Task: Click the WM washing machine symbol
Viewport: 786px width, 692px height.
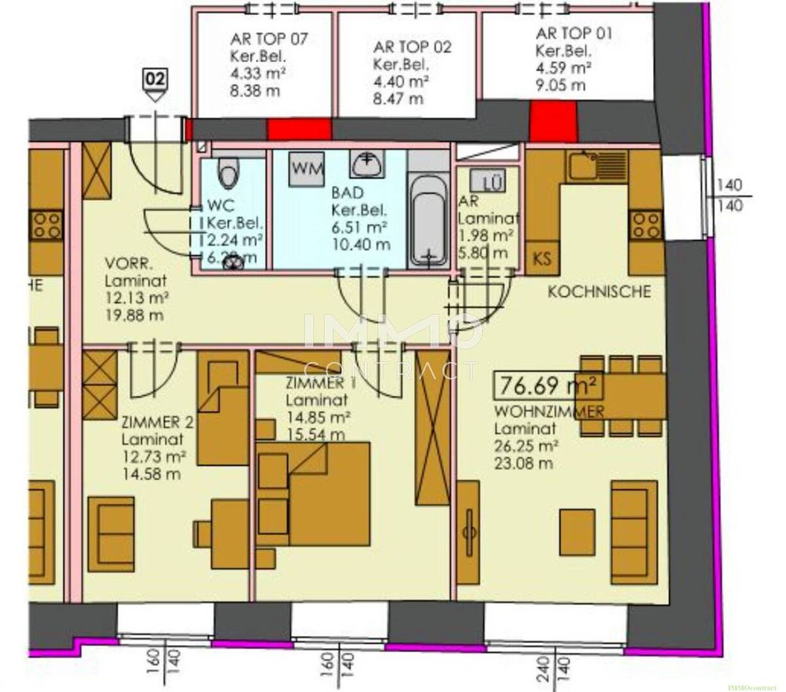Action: [x=308, y=168]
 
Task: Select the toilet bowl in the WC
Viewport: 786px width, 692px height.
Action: [x=229, y=172]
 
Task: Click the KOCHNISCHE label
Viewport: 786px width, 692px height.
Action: [x=599, y=291]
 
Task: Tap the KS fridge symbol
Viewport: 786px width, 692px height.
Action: [x=542, y=258]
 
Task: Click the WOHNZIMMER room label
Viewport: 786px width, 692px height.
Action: [x=548, y=412]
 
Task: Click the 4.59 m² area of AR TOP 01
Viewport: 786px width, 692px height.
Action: [x=564, y=67]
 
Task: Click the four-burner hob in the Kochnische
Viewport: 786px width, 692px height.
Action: [x=645, y=226]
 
